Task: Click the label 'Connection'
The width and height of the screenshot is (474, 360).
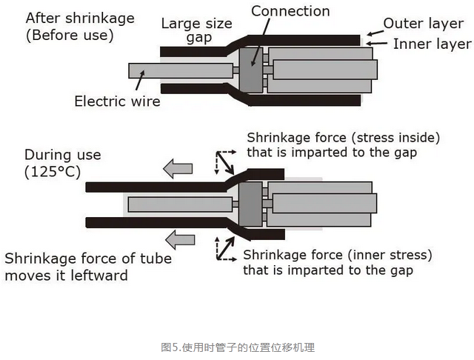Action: click(290, 11)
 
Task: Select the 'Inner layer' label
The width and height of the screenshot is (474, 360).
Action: click(432, 44)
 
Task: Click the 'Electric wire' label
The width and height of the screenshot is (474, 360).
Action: click(117, 101)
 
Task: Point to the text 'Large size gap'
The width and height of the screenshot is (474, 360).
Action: click(191, 30)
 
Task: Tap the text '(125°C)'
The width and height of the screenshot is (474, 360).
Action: click(53, 173)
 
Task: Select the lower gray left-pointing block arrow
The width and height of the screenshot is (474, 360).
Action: click(180, 240)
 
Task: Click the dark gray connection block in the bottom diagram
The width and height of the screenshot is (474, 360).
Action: click(251, 201)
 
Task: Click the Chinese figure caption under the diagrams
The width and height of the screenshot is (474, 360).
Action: click(238, 347)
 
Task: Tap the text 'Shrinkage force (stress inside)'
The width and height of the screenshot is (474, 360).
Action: click(344, 137)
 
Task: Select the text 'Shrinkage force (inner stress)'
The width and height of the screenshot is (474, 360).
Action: click(337, 256)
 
